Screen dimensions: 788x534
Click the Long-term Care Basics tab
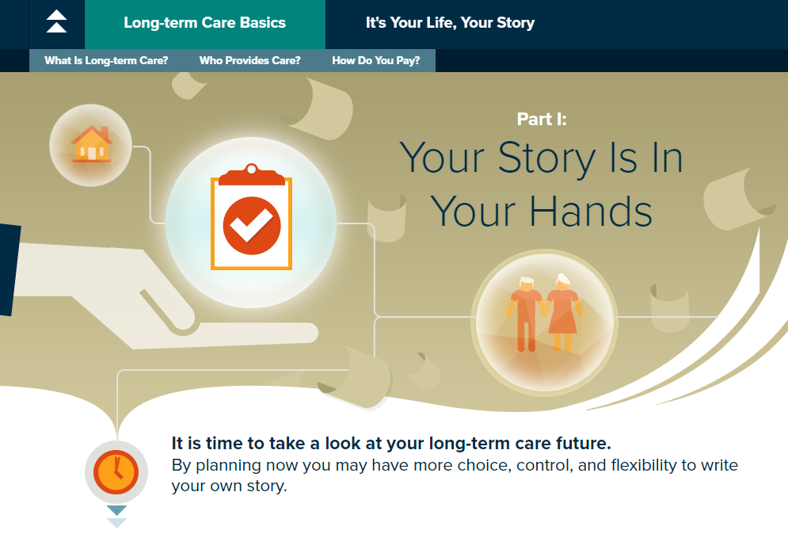click(x=204, y=23)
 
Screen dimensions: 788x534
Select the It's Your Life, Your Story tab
click(x=450, y=23)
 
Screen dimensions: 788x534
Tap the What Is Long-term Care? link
click(x=106, y=61)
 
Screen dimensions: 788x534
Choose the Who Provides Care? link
click(x=249, y=61)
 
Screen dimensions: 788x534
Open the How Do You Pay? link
click(x=376, y=61)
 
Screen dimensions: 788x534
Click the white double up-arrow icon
click(x=56, y=21)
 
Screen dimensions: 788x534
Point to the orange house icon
click(x=91, y=144)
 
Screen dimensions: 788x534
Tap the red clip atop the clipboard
click(x=251, y=174)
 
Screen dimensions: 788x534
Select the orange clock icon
click(x=116, y=472)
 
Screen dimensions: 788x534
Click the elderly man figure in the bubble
click(x=526, y=314)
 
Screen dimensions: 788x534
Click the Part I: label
click(x=542, y=119)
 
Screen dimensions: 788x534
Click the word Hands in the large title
click(x=591, y=212)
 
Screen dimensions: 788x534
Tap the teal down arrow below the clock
click(x=116, y=510)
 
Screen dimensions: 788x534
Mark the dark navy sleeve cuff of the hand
click(x=9, y=270)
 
